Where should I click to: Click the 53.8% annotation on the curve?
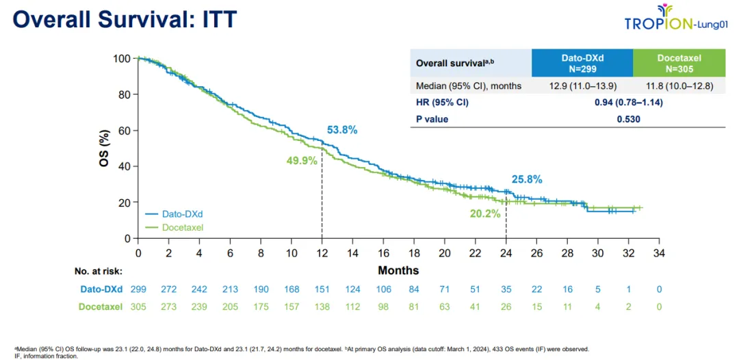pyautogui.click(x=342, y=130)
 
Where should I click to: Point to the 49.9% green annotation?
pyautogui.click(x=302, y=161)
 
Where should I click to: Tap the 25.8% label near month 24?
pyautogui.click(x=527, y=179)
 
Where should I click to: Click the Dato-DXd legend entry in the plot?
pyautogui.click(x=177, y=214)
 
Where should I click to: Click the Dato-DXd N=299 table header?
pyautogui.click(x=582, y=63)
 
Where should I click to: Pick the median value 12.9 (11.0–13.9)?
pyautogui.click(x=582, y=86)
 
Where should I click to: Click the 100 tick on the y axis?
pyautogui.click(x=121, y=58)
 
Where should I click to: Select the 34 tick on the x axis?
pyautogui.click(x=659, y=253)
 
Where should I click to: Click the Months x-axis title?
pyautogui.click(x=398, y=270)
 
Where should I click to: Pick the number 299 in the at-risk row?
pyautogui.click(x=138, y=290)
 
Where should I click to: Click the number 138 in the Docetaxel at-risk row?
pyautogui.click(x=322, y=307)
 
